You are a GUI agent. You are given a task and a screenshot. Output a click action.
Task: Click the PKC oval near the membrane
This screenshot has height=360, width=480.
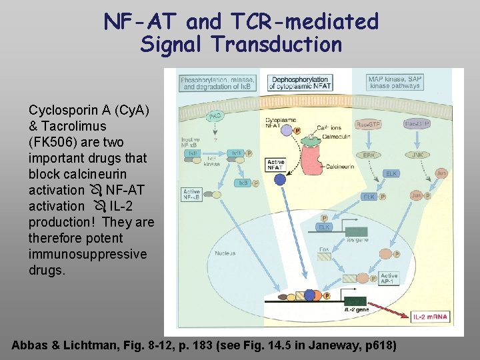pyautogui.click(x=214, y=116)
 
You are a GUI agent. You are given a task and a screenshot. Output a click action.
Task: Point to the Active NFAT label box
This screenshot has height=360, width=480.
pyautogui.click(x=276, y=165)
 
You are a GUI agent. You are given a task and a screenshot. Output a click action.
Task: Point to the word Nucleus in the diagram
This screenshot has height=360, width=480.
pyautogui.click(x=225, y=253)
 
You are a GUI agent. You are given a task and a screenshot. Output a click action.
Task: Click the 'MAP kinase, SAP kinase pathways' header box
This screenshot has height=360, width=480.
pyautogui.click(x=394, y=82)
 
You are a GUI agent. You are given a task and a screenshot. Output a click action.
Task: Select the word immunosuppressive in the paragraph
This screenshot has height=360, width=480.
pyautogui.click(x=87, y=254)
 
